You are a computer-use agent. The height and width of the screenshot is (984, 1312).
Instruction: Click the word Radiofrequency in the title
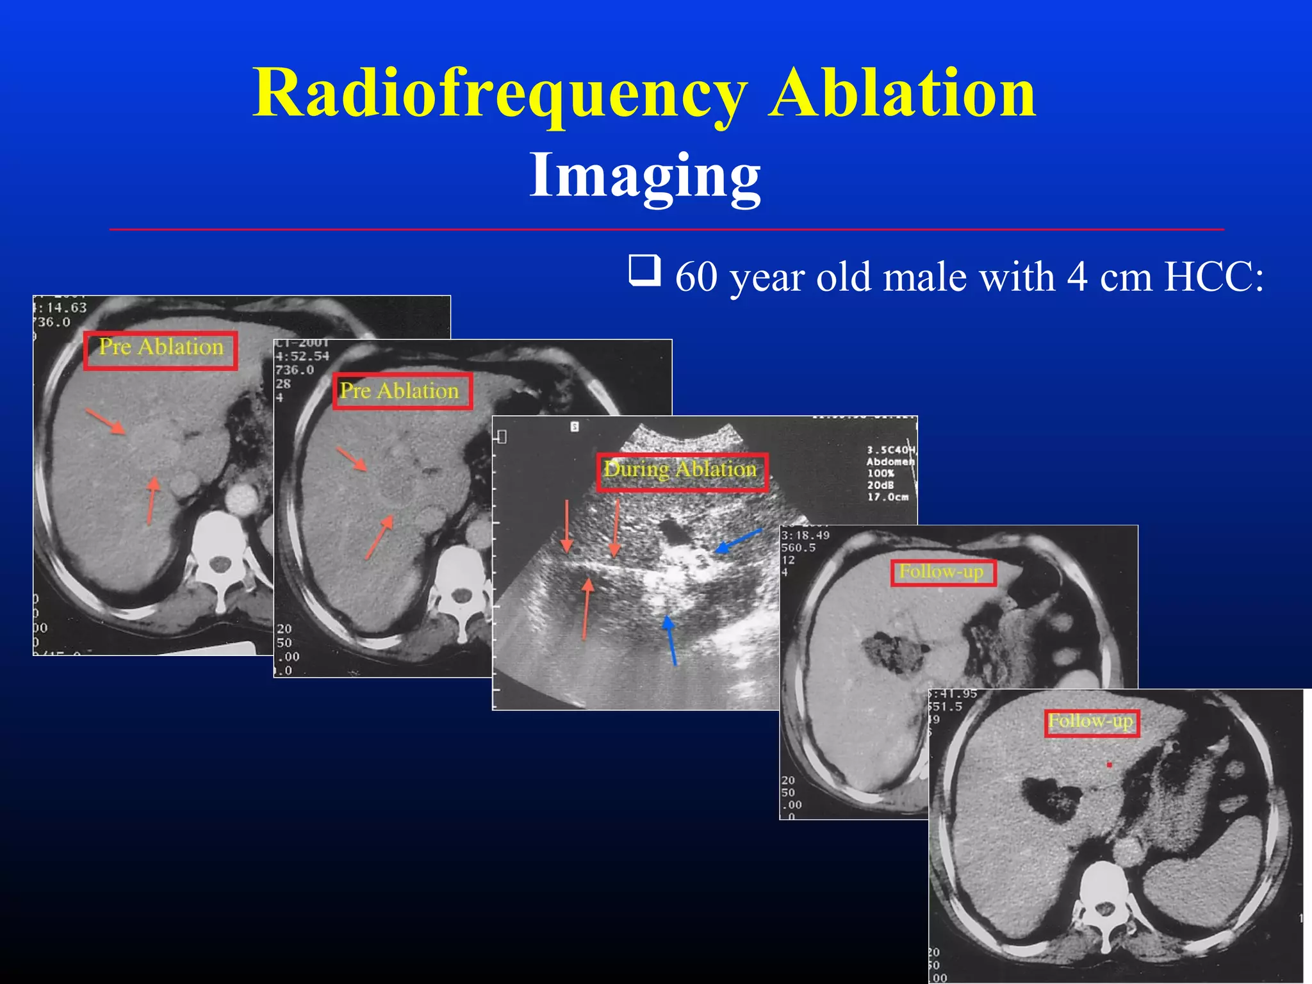(x=500, y=94)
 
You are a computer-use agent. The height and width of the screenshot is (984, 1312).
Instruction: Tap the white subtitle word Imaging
(x=644, y=174)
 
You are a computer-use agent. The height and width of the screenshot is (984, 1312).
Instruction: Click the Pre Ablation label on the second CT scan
(x=402, y=391)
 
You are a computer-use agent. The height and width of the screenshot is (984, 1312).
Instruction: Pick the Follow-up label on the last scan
(x=1092, y=723)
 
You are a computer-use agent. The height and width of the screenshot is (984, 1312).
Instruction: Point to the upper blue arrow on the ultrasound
(x=738, y=541)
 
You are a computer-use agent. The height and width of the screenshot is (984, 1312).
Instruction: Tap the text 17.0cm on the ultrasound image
(x=888, y=497)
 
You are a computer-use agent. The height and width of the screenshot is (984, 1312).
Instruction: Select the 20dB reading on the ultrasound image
(x=881, y=485)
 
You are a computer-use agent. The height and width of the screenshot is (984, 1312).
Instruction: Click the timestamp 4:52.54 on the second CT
(x=302, y=356)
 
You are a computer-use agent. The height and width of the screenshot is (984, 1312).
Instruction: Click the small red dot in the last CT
(x=1109, y=765)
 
